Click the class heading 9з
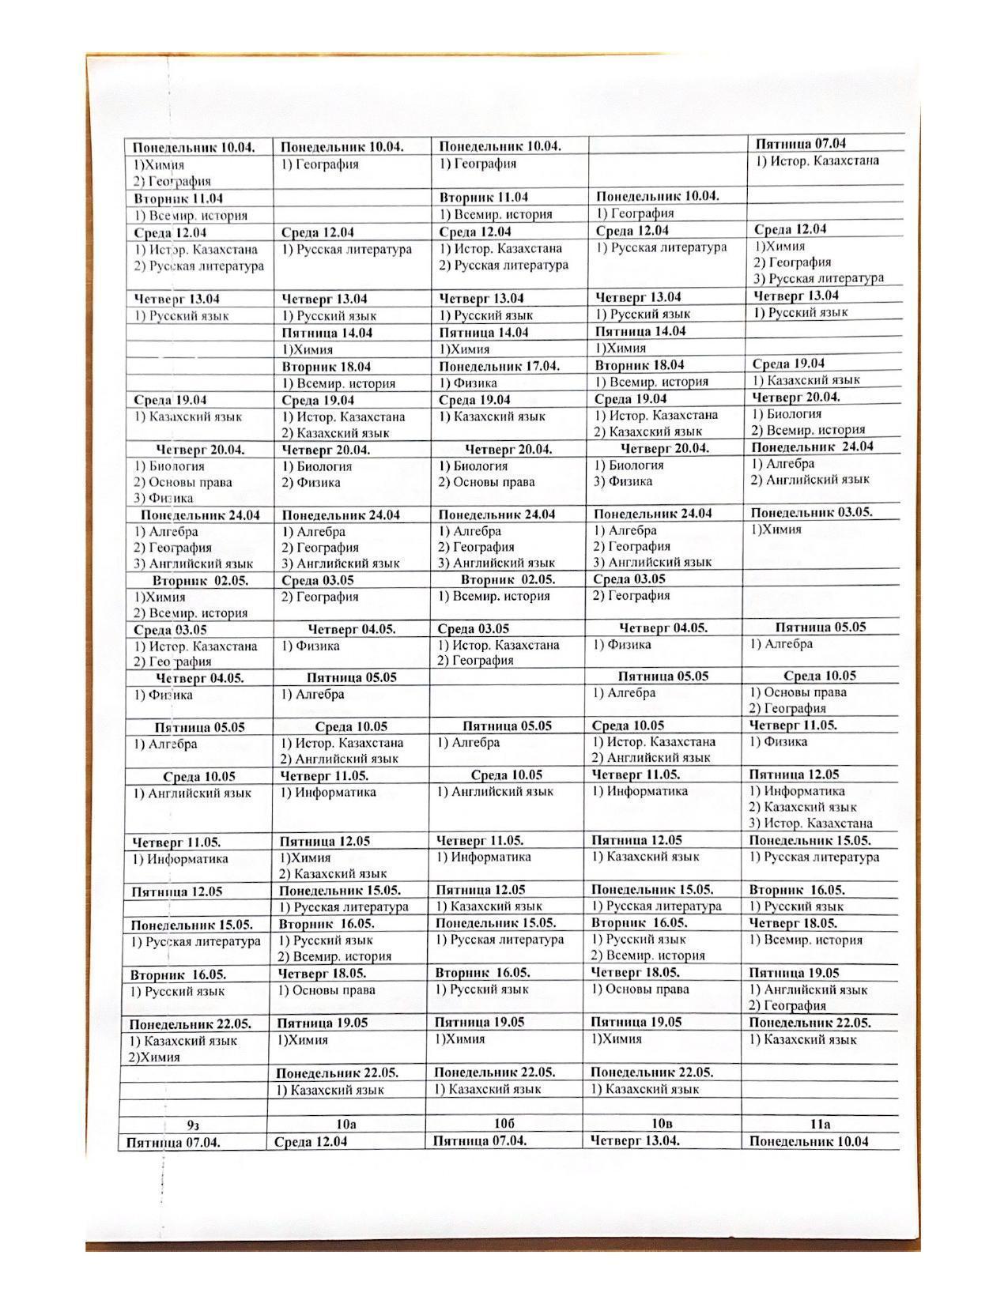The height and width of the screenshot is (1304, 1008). [192, 1125]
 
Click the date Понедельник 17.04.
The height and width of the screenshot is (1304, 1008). [499, 367]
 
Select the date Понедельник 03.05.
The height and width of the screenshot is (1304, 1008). [811, 512]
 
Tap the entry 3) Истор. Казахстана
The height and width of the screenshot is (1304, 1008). [810, 823]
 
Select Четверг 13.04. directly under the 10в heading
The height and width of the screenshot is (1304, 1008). [636, 1140]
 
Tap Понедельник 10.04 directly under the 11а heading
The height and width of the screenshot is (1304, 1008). [808, 1141]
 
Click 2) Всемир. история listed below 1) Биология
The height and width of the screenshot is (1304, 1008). [808, 430]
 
